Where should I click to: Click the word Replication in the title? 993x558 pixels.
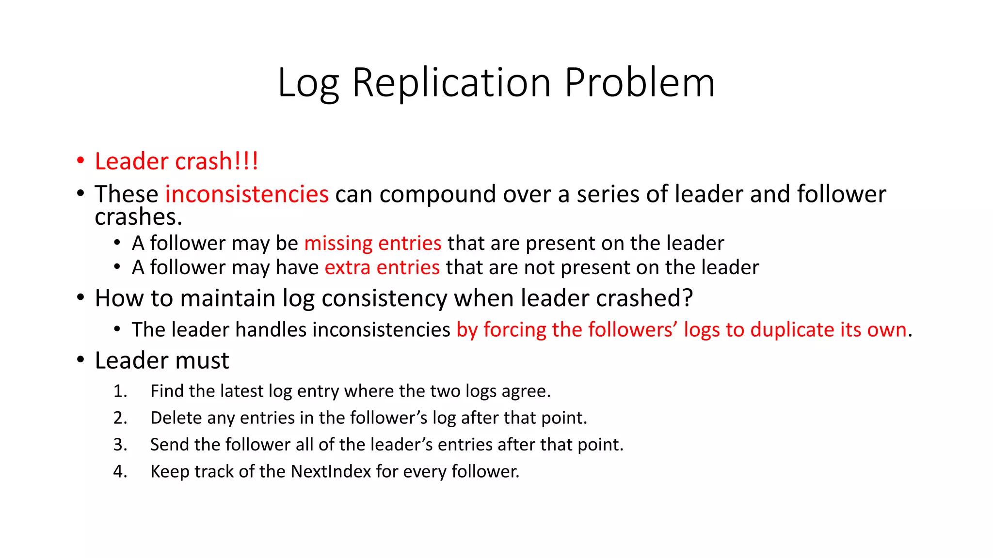(x=451, y=83)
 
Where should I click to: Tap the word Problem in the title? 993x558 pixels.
(x=640, y=83)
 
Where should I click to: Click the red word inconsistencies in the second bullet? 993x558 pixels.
(x=247, y=194)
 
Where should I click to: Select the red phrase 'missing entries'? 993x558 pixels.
(x=373, y=243)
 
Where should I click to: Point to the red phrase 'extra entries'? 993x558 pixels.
(x=382, y=267)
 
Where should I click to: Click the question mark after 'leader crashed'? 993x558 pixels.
(x=688, y=298)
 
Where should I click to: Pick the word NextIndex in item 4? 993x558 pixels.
(x=331, y=471)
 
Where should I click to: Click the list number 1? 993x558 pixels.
(x=120, y=391)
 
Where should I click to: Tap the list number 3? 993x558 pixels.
(x=120, y=445)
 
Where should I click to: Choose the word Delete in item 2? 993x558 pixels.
(x=174, y=418)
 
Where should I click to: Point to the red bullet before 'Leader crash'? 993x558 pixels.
(x=80, y=161)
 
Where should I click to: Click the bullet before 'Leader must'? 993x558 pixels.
(x=80, y=360)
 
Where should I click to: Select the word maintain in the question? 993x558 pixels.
(x=227, y=298)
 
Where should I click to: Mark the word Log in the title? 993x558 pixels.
(x=308, y=83)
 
